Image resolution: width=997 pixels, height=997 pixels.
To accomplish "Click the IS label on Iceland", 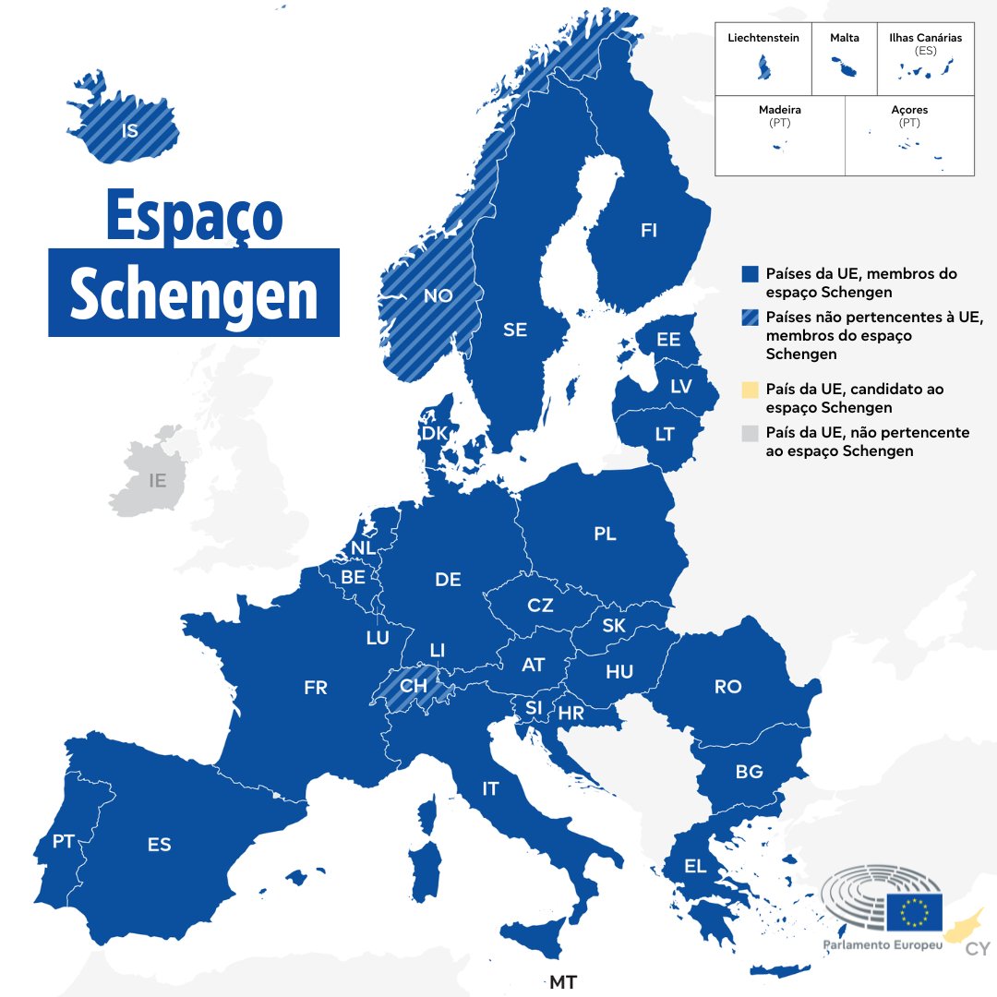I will (130, 130).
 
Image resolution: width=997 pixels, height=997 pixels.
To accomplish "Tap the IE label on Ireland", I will (158, 480).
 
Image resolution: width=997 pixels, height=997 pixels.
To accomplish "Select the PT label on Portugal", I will (63, 841).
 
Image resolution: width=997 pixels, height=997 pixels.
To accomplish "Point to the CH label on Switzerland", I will (414, 686).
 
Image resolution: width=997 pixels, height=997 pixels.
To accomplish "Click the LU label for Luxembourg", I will (378, 637).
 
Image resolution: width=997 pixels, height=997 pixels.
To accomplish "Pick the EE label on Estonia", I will (668, 340).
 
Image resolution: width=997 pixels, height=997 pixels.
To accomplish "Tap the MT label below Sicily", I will (563, 982).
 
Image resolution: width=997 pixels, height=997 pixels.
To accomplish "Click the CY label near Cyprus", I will (978, 950).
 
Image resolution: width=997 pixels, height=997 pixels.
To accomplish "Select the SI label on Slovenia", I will (534, 708).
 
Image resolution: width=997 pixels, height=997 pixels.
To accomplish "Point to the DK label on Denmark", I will (434, 433).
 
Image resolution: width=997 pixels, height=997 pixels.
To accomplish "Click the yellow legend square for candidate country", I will (750, 390).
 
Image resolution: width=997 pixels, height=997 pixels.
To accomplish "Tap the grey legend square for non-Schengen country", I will (750, 433).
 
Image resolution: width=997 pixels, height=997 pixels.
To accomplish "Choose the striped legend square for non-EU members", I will (750, 318).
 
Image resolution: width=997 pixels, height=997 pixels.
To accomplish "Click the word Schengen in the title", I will (194, 294).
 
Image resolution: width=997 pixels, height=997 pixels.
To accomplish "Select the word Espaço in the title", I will (194, 216).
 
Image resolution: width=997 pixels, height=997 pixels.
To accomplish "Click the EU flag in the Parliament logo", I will (914, 912).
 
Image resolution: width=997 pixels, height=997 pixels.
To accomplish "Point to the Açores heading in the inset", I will (909, 110).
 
